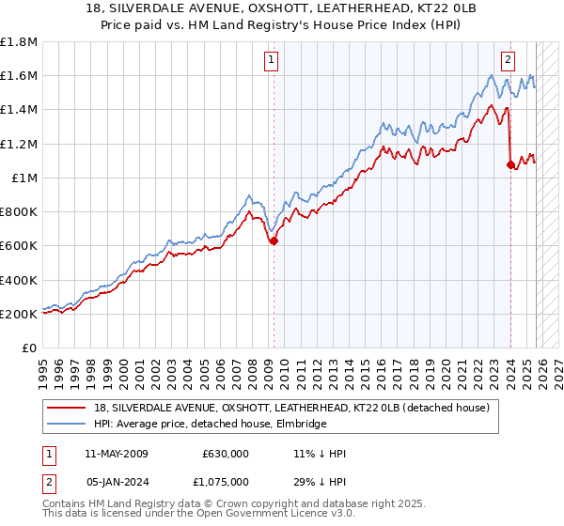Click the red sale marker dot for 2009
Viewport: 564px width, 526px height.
click(274, 240)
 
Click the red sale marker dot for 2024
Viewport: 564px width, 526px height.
click(510, 164)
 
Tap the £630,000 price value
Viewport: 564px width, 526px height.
click(225, 454)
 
